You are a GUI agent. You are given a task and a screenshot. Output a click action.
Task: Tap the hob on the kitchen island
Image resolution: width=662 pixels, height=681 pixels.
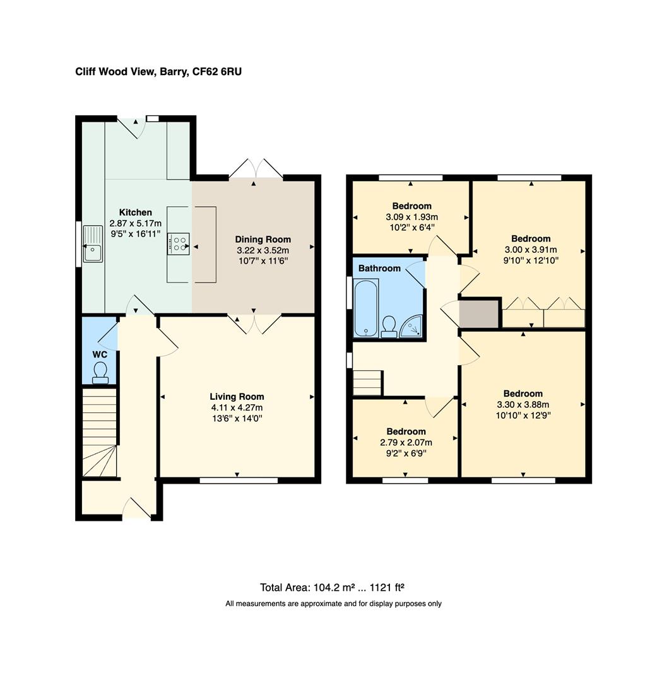179,243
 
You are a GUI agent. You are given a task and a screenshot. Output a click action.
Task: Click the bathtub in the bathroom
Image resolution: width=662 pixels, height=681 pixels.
365,308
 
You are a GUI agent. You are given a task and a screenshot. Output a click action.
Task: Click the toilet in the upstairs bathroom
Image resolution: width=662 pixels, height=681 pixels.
389,326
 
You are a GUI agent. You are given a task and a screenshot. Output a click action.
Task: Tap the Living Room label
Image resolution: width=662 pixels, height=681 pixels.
237,397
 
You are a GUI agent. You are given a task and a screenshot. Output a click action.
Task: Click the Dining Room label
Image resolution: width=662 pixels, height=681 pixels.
263,239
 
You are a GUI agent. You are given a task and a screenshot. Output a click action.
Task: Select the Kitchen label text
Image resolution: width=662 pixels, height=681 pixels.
135,212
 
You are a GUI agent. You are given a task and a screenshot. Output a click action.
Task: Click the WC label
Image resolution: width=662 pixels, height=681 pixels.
100,354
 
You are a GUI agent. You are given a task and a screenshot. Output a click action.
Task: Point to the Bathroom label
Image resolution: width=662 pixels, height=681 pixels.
379,268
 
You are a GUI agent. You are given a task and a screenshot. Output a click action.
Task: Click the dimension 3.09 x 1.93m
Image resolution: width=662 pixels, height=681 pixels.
411,216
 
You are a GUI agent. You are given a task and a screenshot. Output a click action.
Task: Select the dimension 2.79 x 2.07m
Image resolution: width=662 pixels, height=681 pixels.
406,442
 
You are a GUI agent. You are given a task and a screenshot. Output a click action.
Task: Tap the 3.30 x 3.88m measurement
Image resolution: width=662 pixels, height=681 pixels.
523,404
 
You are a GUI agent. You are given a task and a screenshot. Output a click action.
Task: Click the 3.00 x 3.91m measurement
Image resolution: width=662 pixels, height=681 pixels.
531,249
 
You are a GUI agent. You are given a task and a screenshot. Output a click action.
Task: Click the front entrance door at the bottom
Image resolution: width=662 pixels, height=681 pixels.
137,509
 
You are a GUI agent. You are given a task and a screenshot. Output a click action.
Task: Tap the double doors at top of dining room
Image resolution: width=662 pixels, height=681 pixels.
254,169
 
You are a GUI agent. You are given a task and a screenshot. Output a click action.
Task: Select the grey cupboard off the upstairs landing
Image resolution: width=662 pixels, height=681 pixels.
480,313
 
